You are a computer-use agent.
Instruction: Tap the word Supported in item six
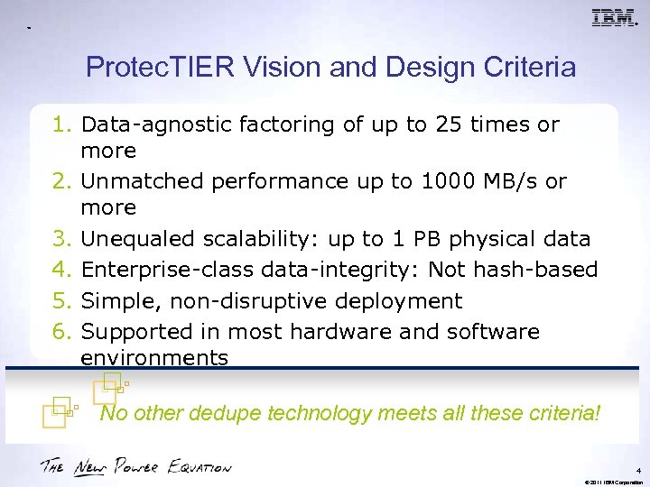[x=135, y=331]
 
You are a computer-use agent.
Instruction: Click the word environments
[x=153, y=357]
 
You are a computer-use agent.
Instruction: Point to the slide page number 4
[x=637, y=470]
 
